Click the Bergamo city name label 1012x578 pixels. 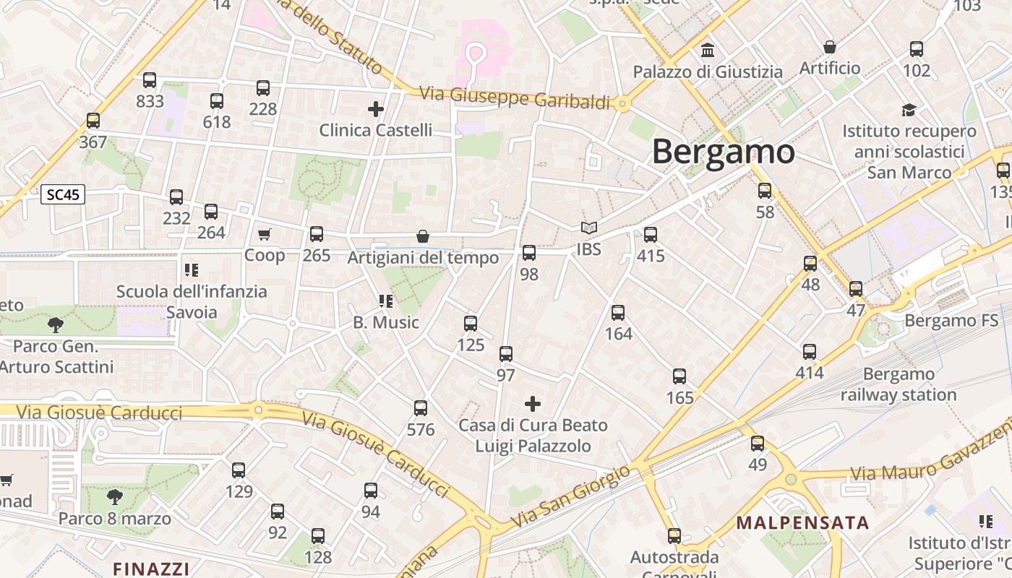click(x=723, y=152)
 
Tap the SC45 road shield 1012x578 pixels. click(x=63, y=194)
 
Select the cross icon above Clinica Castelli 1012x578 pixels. click(x=375, y=109)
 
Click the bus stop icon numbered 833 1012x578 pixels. click(x=150, y=80)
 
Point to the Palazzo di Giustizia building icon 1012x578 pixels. click(x=708, y=51)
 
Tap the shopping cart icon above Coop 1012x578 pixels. click(x=264, y=234)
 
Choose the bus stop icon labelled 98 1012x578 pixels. click(x=529, y=253)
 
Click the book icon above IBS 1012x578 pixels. click(x=589, y=228)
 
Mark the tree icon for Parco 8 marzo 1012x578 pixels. click(x=114, y=497)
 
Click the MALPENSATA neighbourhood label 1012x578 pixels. click(x=802, y=522)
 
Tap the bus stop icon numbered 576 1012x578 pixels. click(x=421, y=408)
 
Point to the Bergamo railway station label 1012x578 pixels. click(x=899, y=384)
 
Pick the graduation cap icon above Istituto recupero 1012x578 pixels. click(x=909, y=110)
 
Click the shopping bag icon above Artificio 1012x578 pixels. click(x=830, y=47)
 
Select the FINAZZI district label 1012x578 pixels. click(x=151, y=568)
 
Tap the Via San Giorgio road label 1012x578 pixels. click(x=570, y=496)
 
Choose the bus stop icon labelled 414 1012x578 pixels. click(x=810, y=352)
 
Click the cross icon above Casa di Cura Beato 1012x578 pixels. click(x=533, y=403)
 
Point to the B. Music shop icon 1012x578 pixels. click(x=385, y=301)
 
